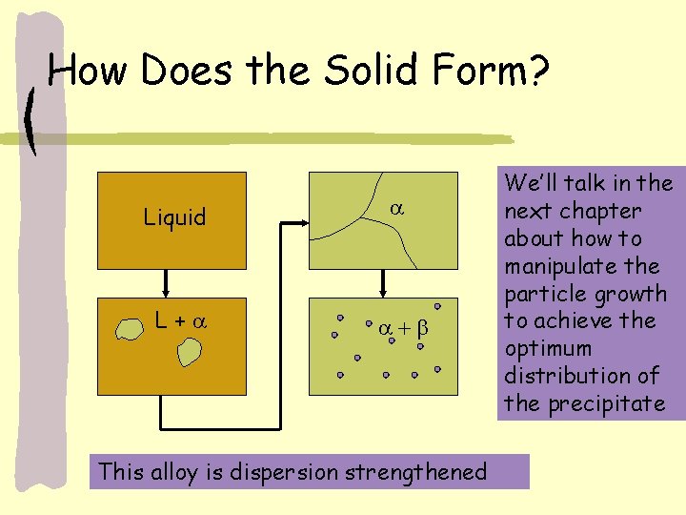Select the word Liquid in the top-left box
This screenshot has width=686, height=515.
tap(174, 217)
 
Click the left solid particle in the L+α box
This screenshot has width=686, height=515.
tap(128, 329)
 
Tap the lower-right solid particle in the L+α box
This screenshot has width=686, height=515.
tap(190, 354)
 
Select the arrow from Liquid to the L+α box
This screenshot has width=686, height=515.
tap(164, 283)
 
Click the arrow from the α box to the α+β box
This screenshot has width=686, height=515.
tap(384, 283)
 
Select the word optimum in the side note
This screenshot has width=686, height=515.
tap(548, 348)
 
